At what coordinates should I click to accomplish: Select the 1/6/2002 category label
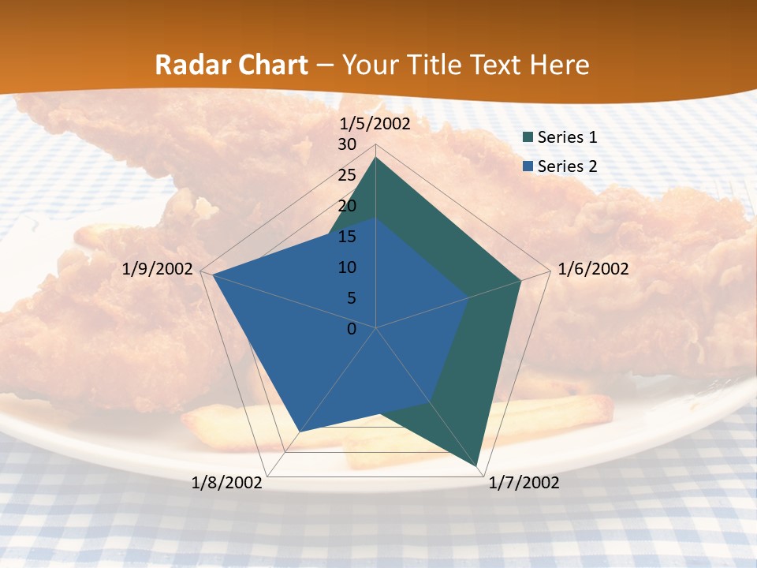click(593, 269)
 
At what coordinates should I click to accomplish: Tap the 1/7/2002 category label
click(524, 483)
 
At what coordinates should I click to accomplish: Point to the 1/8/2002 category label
click(227, 483)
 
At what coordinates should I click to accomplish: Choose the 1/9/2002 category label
click(158, 269)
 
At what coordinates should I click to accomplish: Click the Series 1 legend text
click(567, 137)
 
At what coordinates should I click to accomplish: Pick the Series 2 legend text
click(567, 166)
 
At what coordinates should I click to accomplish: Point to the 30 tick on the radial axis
click(347, 145)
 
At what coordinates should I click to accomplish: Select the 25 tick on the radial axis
click(347, 175)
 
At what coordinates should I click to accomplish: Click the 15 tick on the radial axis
click(347, 237)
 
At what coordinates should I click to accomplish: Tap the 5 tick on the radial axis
click(351, 298)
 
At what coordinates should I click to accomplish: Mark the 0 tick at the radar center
click(352, 329)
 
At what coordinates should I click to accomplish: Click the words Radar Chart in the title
click(231, 65)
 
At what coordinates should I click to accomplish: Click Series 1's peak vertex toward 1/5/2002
click(376, 157)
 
